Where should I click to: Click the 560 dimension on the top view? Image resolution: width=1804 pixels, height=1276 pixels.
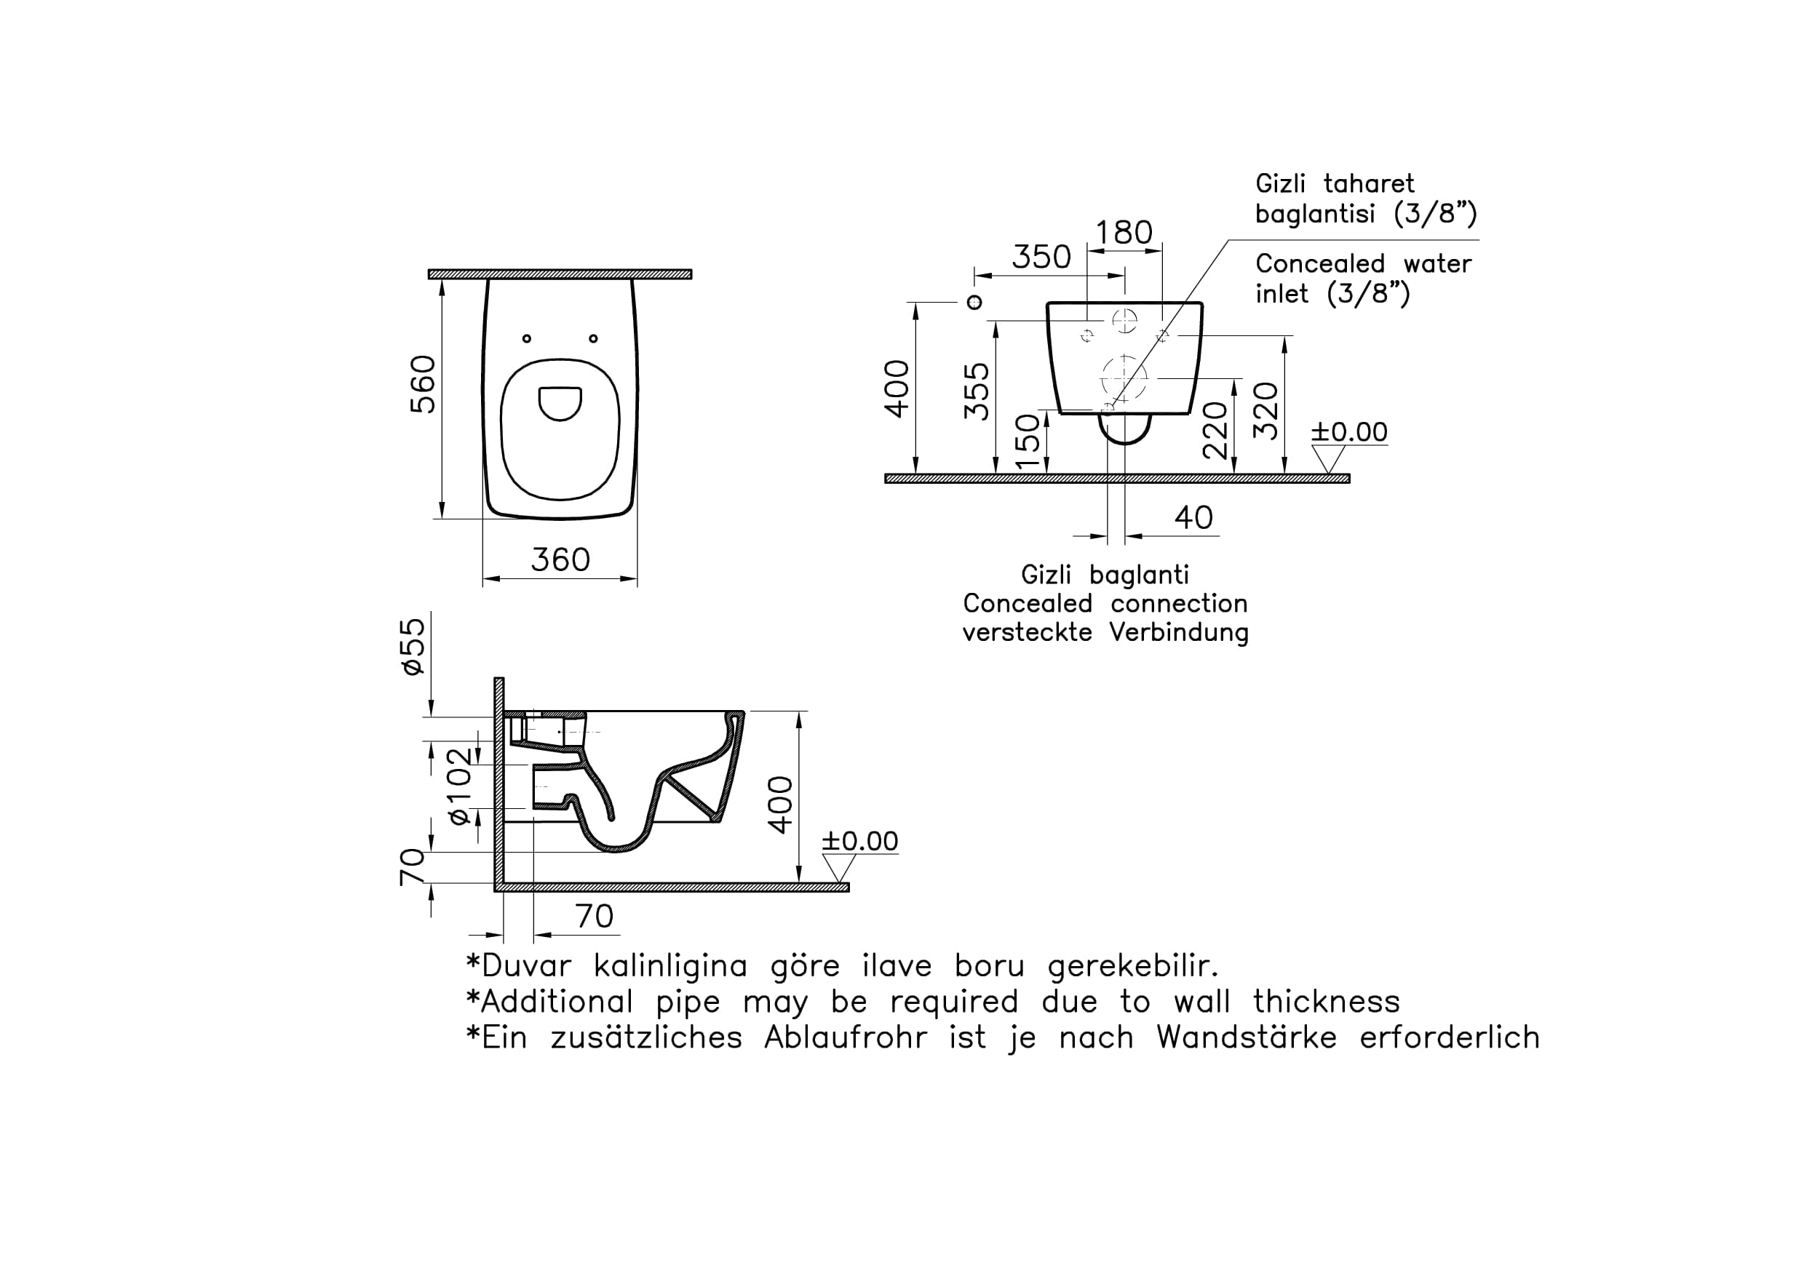click(x=423, y=384)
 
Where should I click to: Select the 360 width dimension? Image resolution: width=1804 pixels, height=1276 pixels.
click(x=560, y=559)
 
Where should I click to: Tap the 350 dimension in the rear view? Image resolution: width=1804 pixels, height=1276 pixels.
click(x=1041, y=257)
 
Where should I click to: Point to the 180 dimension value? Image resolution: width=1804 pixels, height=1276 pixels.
click(x=1124, y=233)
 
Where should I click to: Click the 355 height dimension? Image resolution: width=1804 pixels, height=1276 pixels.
click(x=977, y=391)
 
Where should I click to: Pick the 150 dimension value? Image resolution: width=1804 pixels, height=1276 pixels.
click(x=1028, y=442)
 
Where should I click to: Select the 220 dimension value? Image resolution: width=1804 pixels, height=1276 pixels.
click(x=1215, y=430)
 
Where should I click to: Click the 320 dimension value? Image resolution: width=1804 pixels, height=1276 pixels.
click(x=1265, y=411)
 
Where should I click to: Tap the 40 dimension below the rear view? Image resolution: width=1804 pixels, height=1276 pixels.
click(x=1194, y=518)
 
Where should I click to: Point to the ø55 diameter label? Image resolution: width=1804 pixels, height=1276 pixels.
click(x=413, y=646)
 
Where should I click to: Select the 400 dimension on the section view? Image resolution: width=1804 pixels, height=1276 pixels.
click(x=781, y=805)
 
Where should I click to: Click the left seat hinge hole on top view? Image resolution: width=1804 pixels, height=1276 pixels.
click(x=527, y=339)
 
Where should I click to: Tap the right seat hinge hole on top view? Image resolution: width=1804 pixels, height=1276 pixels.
click(x=594, y=339)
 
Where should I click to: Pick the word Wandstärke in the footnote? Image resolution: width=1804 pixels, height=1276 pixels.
click(x=1247, y=1038)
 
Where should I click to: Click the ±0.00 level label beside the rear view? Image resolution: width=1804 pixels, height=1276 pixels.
click(x=1349, y=431)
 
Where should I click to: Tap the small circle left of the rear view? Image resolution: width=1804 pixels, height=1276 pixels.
click(x=974, y=303)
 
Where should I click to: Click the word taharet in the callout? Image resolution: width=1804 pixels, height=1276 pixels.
click(x=1370, y=183)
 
